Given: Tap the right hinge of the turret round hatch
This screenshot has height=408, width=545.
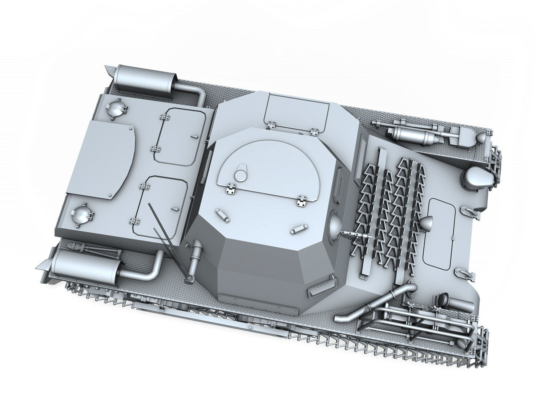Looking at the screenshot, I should pos(302,200).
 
